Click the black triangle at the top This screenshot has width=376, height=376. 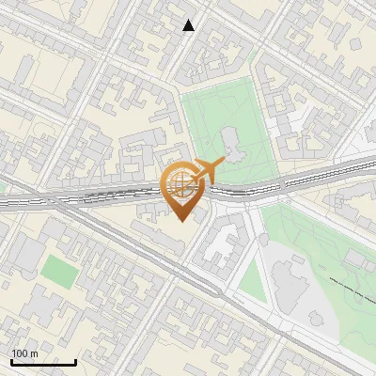(x=189, y=25)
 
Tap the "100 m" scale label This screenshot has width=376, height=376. (x=24, y=353)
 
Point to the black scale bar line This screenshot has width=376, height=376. (x=43, y=362)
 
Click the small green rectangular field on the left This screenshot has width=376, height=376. (x=58, y=272)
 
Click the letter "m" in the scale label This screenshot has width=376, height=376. (x=33, y=353)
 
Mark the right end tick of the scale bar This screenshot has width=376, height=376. (x=75, y=360)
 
